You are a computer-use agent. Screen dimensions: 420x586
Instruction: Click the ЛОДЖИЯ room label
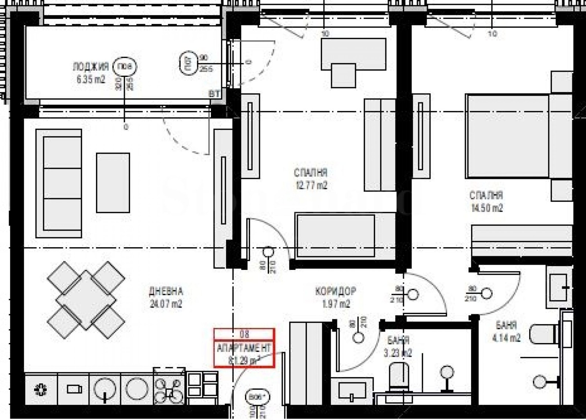click(91, 67)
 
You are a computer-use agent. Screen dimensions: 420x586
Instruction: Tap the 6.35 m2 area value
click(91, 79)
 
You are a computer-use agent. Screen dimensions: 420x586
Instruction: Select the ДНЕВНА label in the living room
click(166, 291)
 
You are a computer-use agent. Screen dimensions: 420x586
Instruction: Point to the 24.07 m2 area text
click(166, 304)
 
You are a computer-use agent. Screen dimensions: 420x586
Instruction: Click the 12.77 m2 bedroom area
click(311, 186)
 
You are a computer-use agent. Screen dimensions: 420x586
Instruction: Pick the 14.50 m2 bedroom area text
click(486, 208)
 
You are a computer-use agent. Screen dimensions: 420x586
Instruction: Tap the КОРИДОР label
click(335, 291)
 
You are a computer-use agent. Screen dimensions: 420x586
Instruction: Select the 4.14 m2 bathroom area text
click(506, 338)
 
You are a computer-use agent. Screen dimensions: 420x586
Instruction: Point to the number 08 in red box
click(244, 334)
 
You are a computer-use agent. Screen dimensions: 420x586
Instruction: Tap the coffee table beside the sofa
click(113, 183)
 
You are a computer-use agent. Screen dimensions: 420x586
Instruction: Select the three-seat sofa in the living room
click(59, 183)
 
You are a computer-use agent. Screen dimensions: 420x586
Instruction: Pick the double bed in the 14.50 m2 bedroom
click(513, 136)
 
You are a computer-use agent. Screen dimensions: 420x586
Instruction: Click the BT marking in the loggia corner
click(214, 94)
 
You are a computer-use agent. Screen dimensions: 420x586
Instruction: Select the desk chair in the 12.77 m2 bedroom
click(343, 75)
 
